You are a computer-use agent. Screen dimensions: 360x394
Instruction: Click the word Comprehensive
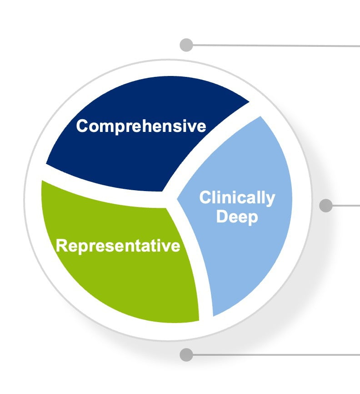coord(141,126)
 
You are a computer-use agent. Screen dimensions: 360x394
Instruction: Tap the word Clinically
coord(237,198)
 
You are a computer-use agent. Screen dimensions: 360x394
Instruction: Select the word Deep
coord(237,217)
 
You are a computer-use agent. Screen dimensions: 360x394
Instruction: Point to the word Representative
coord(118,246)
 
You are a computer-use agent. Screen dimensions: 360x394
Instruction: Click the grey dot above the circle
coord(186,45)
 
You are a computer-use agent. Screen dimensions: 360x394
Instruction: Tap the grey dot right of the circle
coord(326,206)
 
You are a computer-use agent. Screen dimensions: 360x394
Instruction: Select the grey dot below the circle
coord(186,355)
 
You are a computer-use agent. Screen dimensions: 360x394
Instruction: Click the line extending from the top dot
coord(276,45)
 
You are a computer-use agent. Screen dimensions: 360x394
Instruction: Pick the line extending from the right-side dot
coord(346,206)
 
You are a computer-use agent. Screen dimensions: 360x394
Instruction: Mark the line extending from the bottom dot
coord(276,355)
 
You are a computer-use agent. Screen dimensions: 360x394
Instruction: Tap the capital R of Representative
coord(62,245)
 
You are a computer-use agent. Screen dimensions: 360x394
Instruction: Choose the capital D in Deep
coord(222,217)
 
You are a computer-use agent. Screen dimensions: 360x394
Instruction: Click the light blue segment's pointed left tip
coord(177,199)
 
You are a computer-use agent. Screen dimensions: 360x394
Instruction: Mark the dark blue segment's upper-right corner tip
coord(249,102)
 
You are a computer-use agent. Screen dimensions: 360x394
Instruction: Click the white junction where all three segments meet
coord(170,200)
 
